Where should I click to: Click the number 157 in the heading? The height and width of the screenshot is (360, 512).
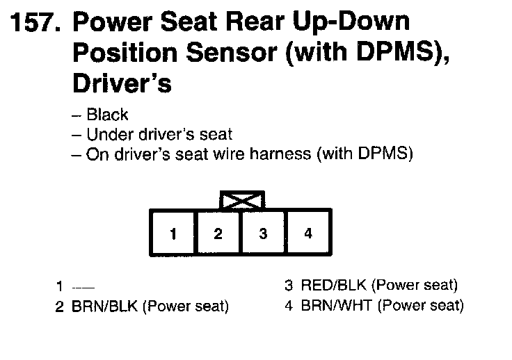click(x=34, y=24)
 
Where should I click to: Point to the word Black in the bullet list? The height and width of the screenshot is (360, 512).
click(x=108, y=115)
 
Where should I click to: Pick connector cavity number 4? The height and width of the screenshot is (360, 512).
click(x=308, y=234)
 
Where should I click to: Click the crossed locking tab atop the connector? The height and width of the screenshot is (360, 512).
click(x=241, y=201)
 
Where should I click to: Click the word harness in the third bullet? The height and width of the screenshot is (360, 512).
click(x=285, y=154)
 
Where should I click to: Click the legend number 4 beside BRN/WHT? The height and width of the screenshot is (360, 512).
click(x=289, y=306)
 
